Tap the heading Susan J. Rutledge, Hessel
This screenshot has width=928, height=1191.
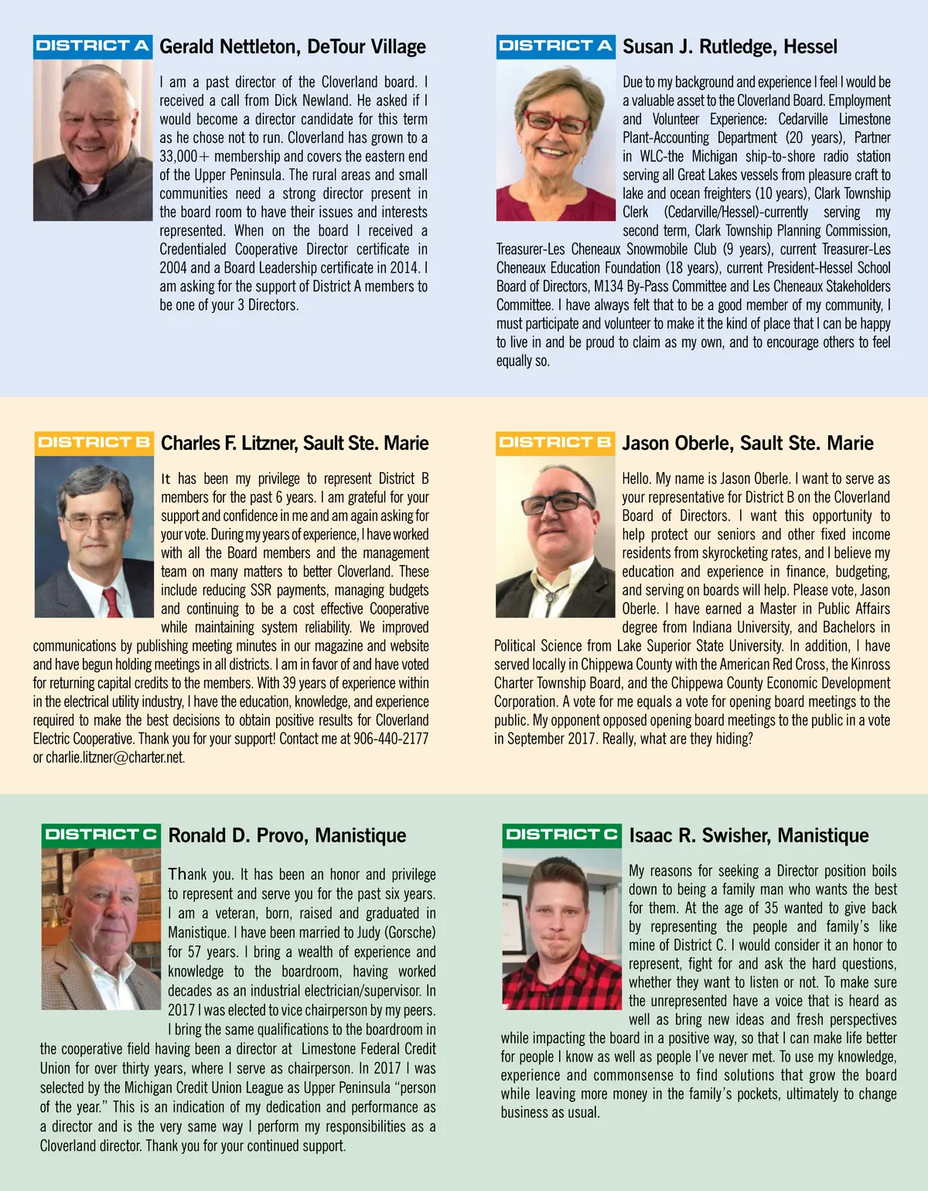pyautogui.click(x=729, y=47)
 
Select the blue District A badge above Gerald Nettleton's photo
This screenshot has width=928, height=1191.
pyautogui.click(x=92, y=46)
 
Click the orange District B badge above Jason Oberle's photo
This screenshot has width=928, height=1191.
pyautogui.click(x=554, y=443)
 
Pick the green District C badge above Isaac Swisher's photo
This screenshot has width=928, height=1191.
pyautogui.click(x=561, y=835)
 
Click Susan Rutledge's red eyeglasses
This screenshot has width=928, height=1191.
pyautogui.click(x=555, y=121)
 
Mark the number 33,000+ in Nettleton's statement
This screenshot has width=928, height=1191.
pyautogui.click(x=178, y=156)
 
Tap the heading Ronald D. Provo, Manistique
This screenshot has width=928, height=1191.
pyautogui.click(x=287, y=835)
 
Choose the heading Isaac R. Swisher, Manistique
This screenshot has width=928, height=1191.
pyautogui.click(x=749, y=835)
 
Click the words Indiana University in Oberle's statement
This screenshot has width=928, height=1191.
pyautogui.click(x=742, y=628)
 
